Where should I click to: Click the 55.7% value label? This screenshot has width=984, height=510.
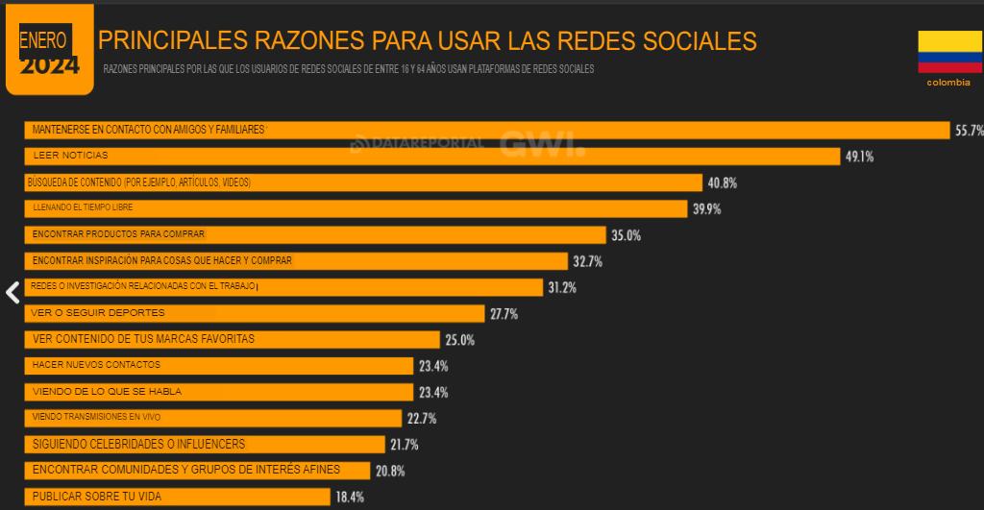coord(968,131)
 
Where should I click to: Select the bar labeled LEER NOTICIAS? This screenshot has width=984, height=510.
coord(431,157)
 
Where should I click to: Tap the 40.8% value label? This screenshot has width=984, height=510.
coord(722,182)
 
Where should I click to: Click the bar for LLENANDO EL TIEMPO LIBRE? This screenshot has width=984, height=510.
coord(356,208)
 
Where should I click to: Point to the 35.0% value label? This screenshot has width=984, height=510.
coord(626,235)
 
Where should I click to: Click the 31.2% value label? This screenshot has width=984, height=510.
coord(562,287)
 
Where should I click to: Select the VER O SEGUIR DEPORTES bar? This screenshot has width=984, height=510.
coord(254,313)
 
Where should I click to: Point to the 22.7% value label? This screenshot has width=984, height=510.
coord(421,419)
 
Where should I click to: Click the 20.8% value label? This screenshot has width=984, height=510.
coord(389,471)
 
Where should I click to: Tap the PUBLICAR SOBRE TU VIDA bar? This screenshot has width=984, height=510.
coord(179,497)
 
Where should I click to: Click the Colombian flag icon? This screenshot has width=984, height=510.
coord(949,52)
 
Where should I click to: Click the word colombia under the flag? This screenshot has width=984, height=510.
coord(948,83)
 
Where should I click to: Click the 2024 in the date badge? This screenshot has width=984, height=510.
coord(49,65)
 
